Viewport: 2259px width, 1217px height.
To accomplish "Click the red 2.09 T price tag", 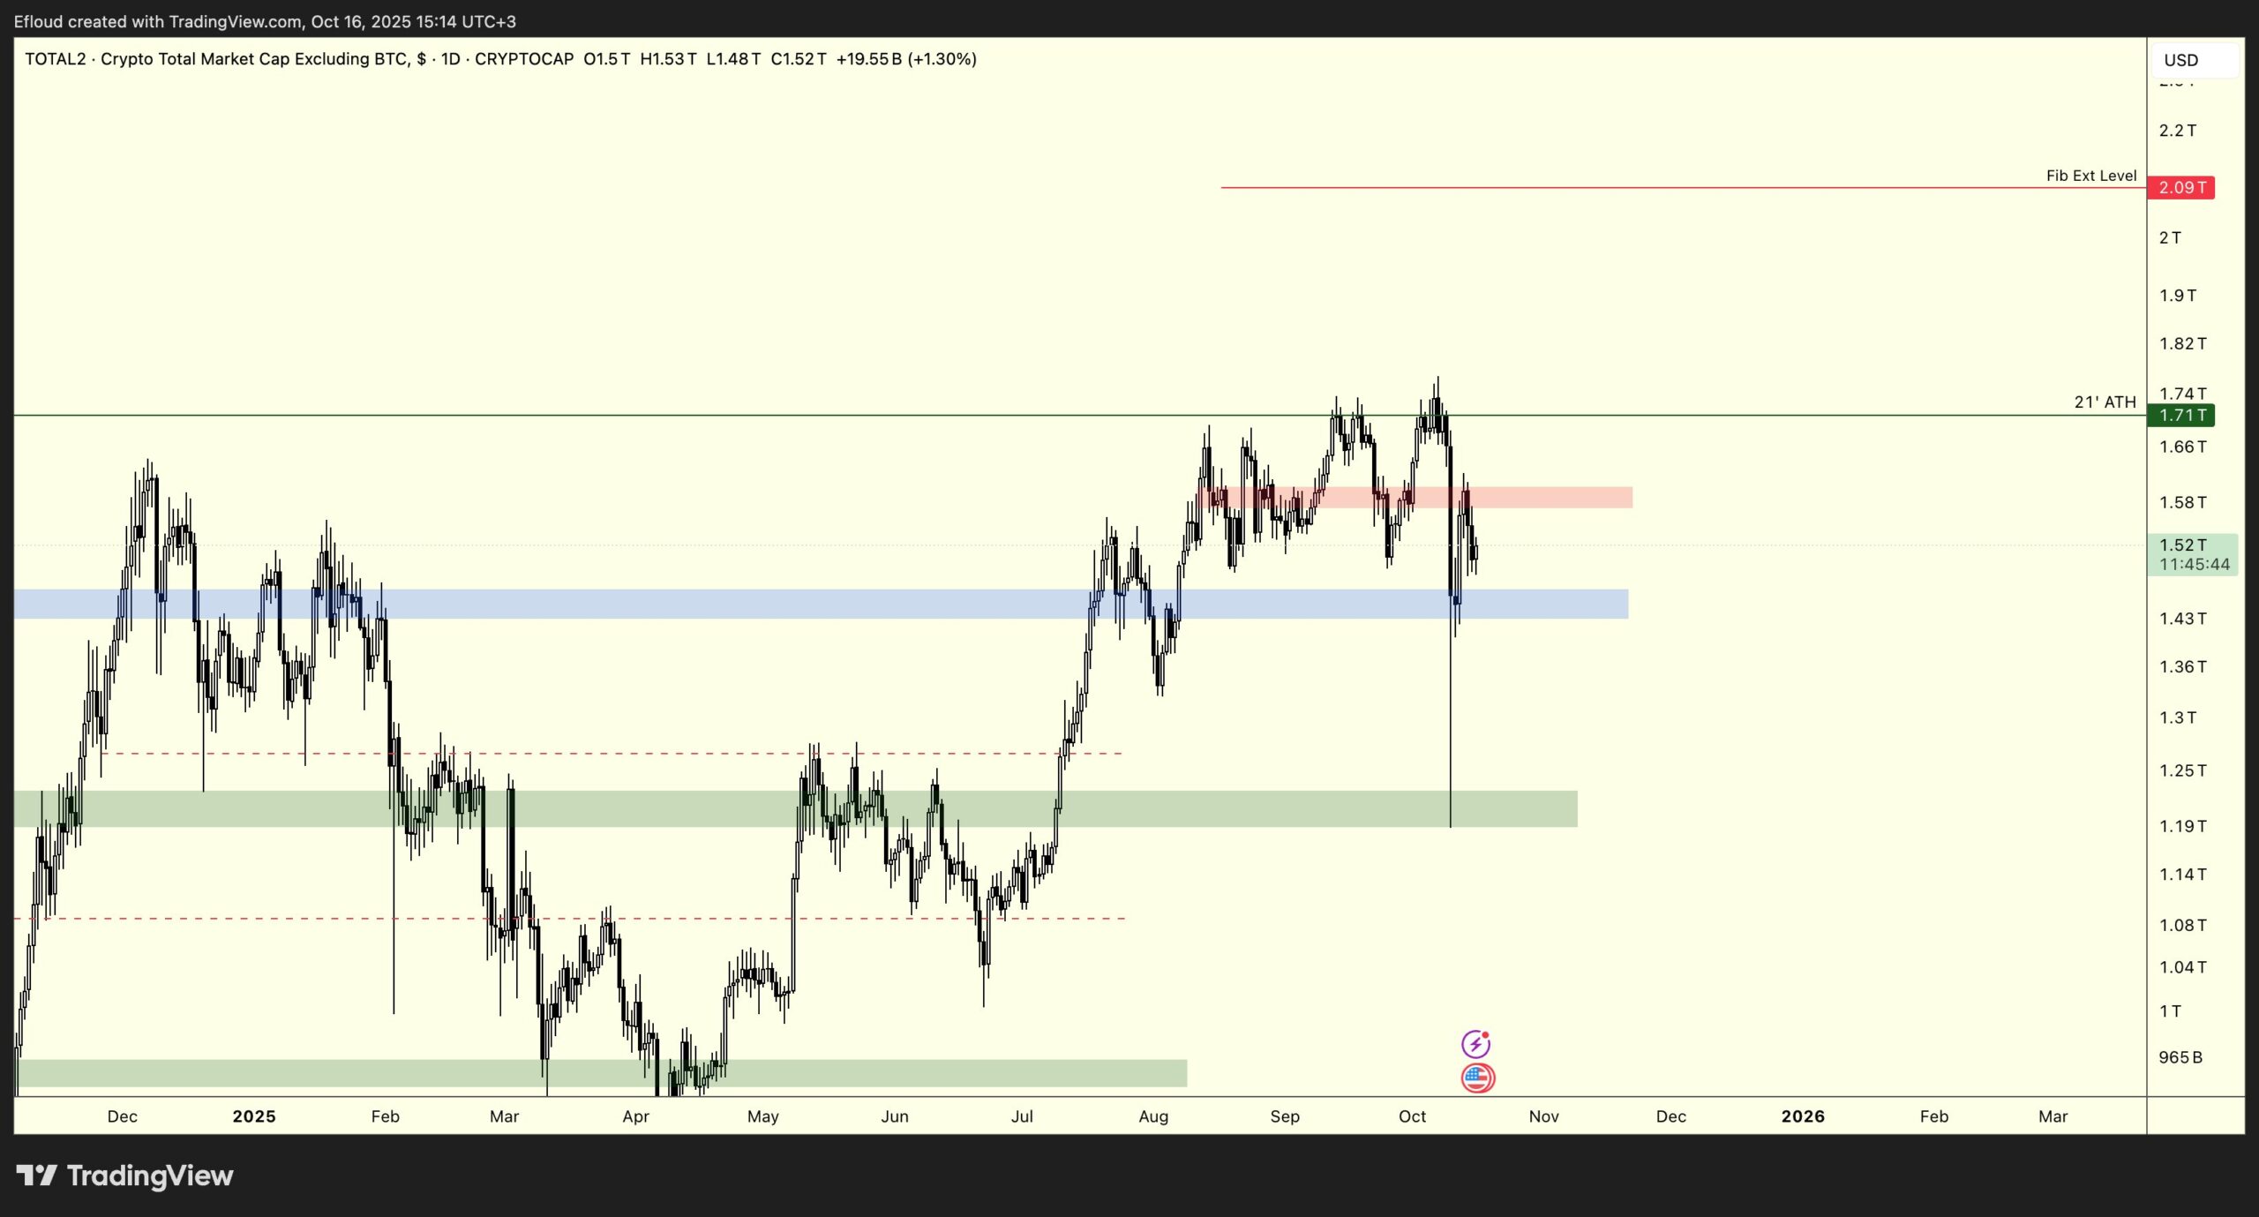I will [2180, 188].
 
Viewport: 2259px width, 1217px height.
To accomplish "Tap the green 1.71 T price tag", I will [2180, 416].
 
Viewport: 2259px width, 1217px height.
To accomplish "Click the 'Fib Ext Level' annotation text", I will [2090, 176].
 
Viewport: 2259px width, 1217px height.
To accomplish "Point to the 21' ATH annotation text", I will [2105, 402].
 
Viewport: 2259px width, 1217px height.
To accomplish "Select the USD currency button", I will [2180, 60].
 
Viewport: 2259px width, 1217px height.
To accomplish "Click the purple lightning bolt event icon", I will [1475, 1044].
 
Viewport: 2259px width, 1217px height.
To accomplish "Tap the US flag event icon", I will [1477, 1078].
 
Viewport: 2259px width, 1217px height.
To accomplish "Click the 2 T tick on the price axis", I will [2170, 238].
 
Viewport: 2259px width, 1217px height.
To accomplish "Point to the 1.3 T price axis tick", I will [2177, 718].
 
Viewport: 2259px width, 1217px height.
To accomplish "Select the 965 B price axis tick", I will [2180, 1057].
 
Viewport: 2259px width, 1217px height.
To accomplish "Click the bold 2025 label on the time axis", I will [254, 1116].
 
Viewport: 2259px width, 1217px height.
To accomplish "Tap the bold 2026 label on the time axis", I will [1802, 1116].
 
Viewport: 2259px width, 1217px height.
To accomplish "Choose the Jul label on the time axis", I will [1022, 1116].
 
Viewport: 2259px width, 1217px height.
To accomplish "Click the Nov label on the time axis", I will [1543, 1116].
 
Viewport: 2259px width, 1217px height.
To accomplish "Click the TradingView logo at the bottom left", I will [124, 1176].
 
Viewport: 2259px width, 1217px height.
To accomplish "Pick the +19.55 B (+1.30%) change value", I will [906, 59].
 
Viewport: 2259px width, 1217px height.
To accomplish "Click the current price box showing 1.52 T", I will [2192, 554].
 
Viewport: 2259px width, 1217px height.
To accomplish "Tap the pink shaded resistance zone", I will [1544, 498].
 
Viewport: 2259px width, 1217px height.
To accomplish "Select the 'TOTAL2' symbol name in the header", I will [55, 59].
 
